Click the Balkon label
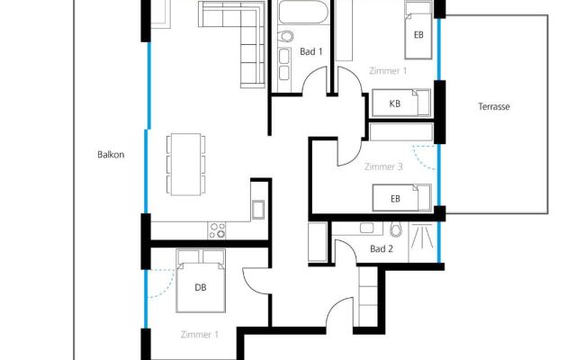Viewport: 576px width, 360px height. (111, 155)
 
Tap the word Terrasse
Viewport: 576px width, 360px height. (494, 106)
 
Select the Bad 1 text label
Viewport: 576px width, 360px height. (311, 51)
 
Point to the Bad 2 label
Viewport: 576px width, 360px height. (382, 248)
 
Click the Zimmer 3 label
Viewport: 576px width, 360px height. (383, 166)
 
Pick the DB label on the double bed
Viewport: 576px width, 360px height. (200, 287)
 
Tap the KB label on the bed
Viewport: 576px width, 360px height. (394, 103)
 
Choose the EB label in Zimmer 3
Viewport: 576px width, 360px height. (395, 199)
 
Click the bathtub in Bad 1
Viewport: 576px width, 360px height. (302, 12)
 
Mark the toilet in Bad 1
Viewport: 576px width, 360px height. (285, 36)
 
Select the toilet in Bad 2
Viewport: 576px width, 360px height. (396, 229)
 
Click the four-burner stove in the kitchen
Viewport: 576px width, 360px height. (217, 230)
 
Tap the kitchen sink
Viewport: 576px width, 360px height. (258, 210)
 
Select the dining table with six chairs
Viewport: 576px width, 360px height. (186, 164)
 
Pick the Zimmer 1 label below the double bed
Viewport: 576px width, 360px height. (200, 335)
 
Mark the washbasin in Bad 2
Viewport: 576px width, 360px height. (366, 228)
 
